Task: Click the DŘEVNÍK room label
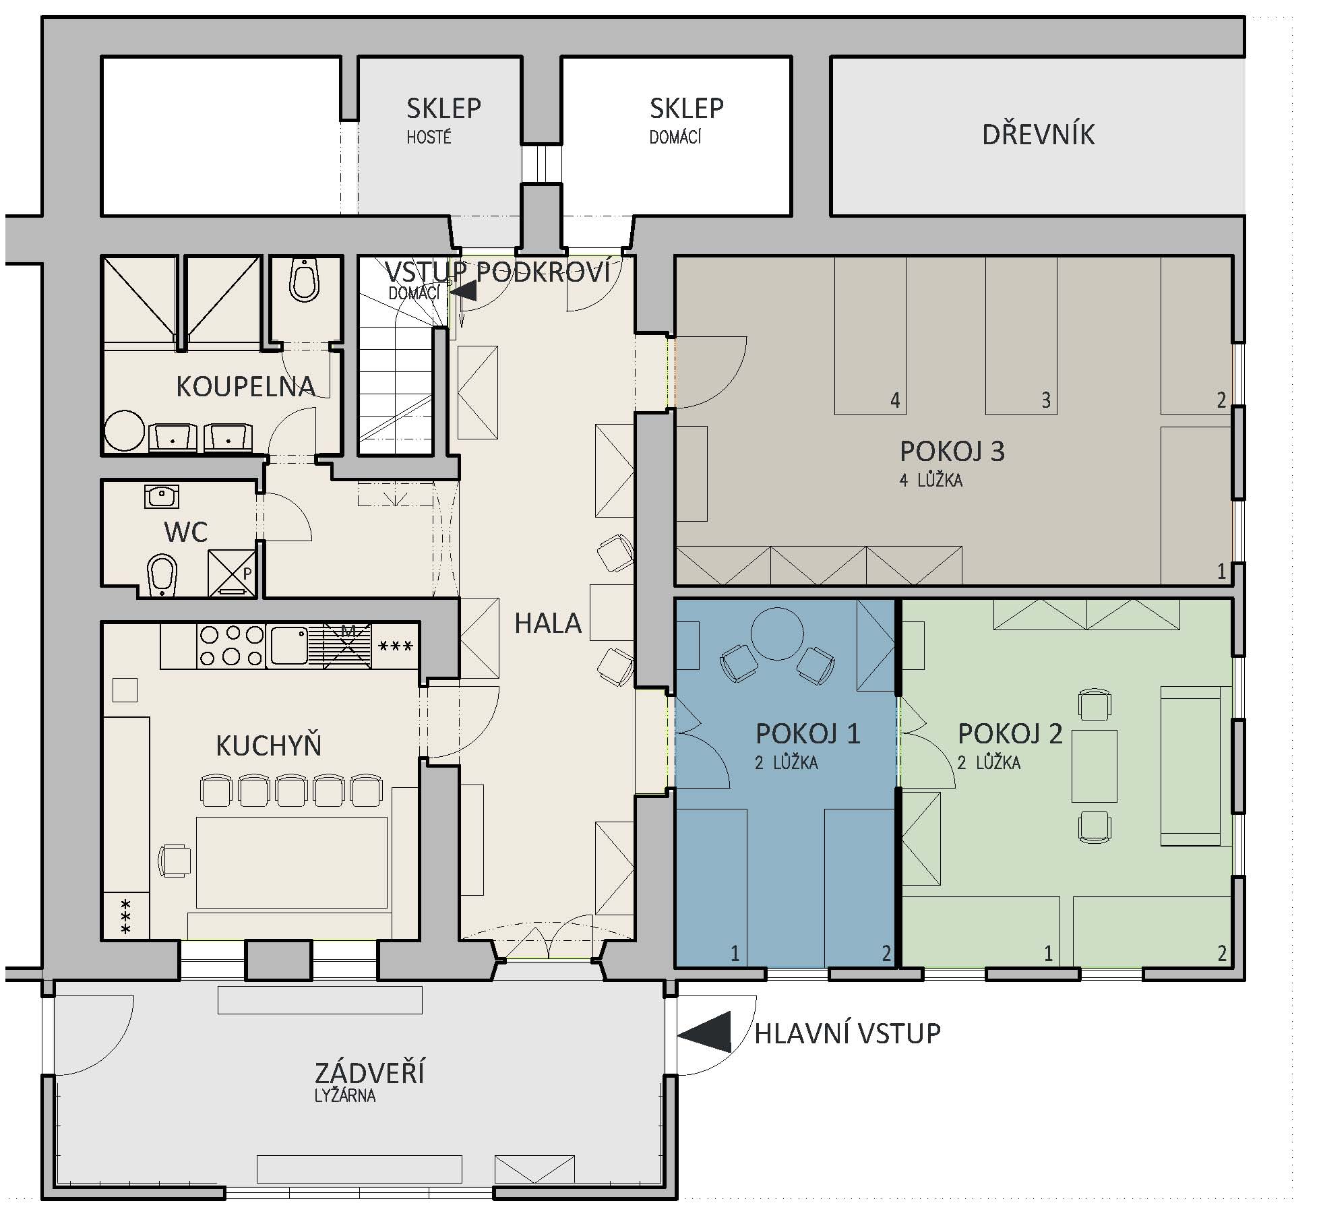(1038, 133)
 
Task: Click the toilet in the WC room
(161, 576)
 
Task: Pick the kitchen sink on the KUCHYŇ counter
(289, 645)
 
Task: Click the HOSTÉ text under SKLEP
(429, 137)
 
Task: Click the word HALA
(548, 623)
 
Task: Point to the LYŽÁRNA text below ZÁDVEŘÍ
(345, 1095)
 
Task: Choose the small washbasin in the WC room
(161, 497)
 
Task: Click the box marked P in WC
(232, 573)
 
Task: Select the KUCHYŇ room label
(268, 746)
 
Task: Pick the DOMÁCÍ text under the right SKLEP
(675, 137)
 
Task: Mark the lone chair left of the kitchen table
(174, 861)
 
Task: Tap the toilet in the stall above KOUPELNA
(304, 280)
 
